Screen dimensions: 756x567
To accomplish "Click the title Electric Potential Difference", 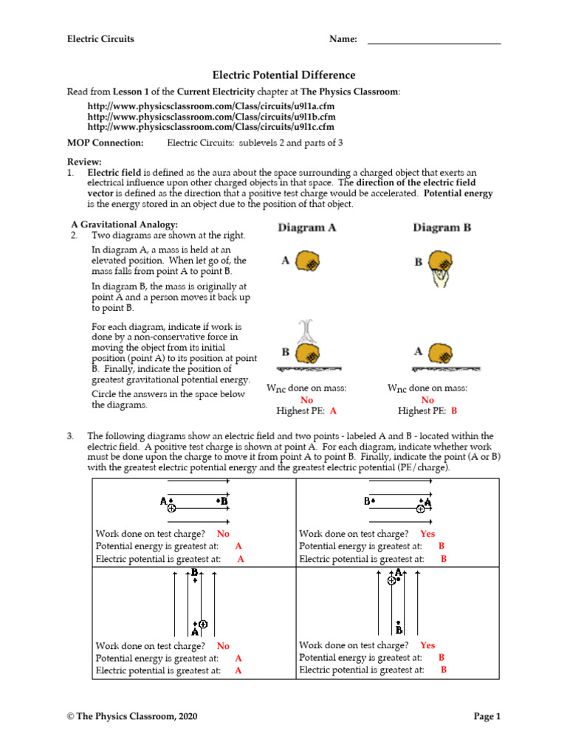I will click(x=283, y=75).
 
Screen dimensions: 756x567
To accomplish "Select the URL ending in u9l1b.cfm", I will click(x=211, y=117).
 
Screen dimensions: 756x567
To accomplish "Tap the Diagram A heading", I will click(x=306, y=228).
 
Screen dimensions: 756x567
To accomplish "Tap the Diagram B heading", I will click(x=441, y=228).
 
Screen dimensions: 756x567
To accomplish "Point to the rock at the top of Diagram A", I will click(x=308, y=261).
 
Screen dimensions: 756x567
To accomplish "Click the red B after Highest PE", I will click(x=454, y=411).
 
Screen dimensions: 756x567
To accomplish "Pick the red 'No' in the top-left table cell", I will click(x=223, y=534).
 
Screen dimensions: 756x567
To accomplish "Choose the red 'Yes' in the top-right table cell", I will click(x=427, y=534).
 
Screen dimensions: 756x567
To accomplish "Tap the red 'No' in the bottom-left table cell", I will click(x=223, y=646).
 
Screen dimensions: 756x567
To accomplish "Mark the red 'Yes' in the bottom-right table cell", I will click(x=427, y=645).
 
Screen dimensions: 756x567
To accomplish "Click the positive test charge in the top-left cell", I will click(x=171, y=508).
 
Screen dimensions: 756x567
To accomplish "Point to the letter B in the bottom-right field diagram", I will click(x=399, y=630).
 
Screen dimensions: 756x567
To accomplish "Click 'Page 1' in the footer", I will click(x=487, y=716).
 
